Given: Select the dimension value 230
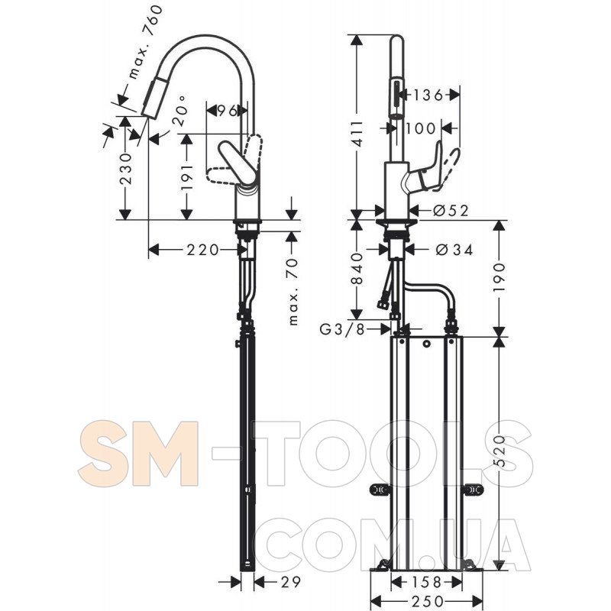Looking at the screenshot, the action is (125, 169).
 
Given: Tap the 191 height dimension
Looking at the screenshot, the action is (187, 176).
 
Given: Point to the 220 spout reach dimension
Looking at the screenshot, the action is (202, 250).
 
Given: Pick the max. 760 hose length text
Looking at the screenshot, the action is (143, 42).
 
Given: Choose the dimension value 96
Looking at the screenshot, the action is (227, 111).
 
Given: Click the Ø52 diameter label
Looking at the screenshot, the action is (451, 211).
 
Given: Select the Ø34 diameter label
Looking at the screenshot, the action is (454, 250).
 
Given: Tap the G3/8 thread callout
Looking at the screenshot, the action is (342, 329).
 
